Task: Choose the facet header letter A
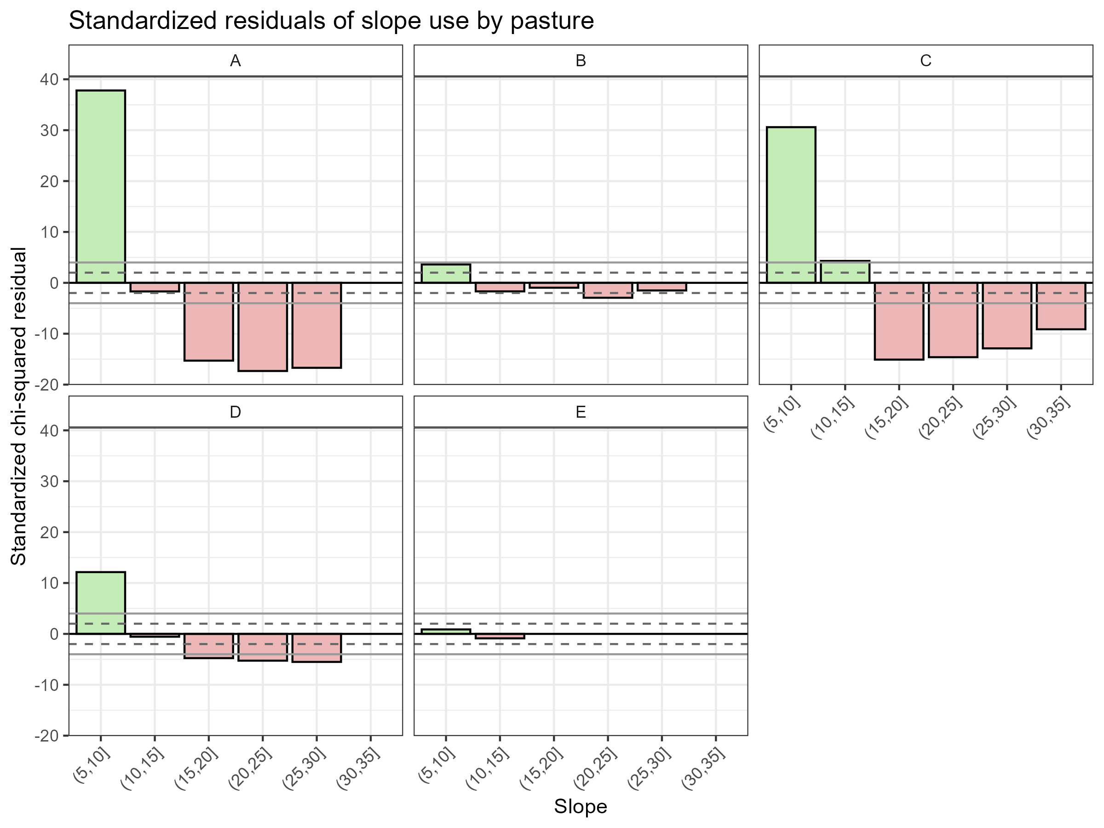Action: (x=235, y=61)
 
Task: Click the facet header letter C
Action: (x=926, y=61)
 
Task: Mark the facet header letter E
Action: (x=581, y=412)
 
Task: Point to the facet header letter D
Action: (x=235, y=412)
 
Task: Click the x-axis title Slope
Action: (x=581, y=806)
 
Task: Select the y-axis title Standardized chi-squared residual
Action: (x=19, y=406)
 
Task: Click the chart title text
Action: (x=331, y=21)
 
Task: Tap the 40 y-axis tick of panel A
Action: (x=48, y=80)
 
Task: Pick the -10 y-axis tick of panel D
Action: (x=46, y=685)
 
